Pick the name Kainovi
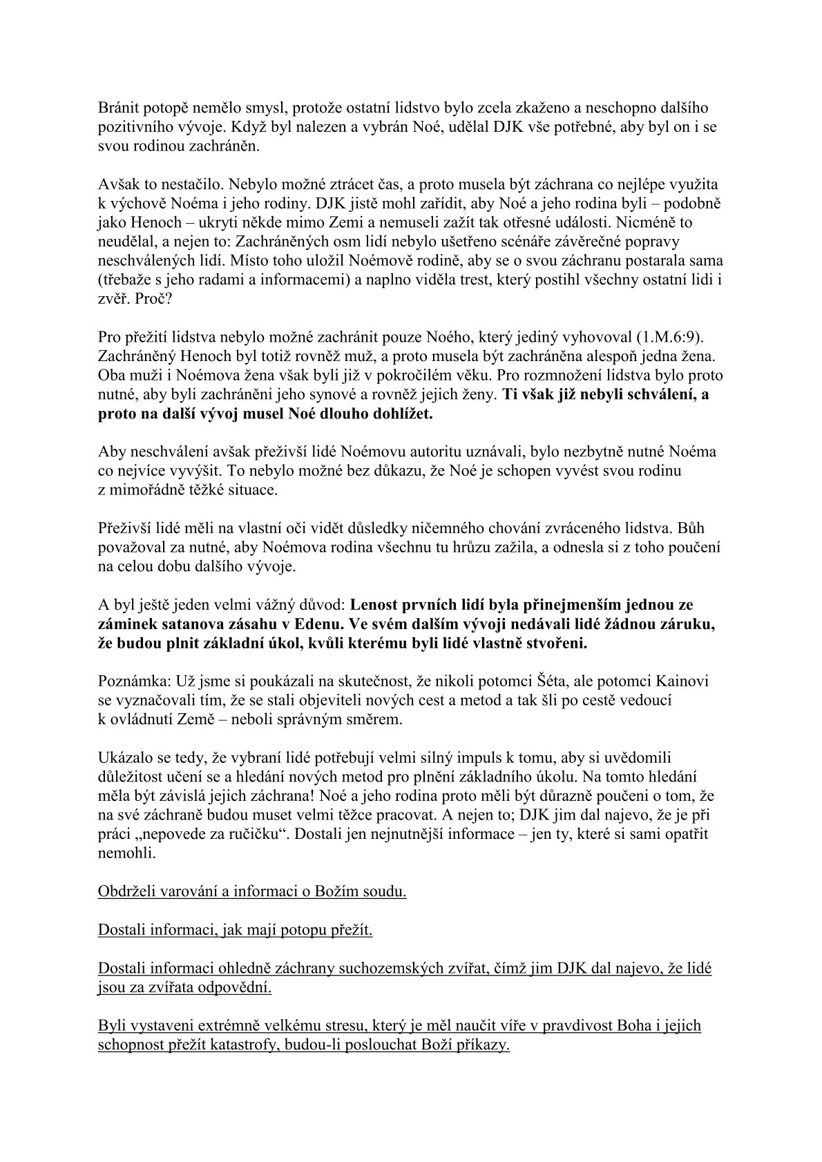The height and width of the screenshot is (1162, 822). point(685,681)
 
